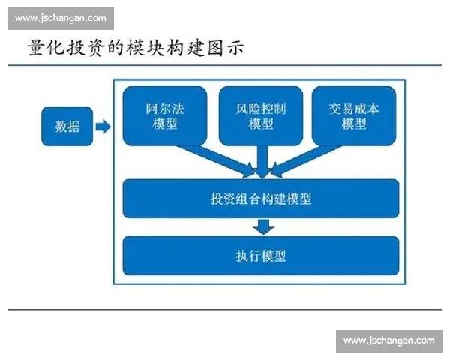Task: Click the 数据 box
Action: (67, 127)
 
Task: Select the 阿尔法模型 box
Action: (164, 116)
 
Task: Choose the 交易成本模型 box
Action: (353, 116)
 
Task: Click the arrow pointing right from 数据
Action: (103, 127)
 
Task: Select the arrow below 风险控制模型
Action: (261, 161)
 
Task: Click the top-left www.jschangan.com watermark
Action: (61, 19)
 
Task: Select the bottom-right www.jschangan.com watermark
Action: (388, 340)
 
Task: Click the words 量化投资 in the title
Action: (69, 49)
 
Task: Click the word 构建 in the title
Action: (186, 49)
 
